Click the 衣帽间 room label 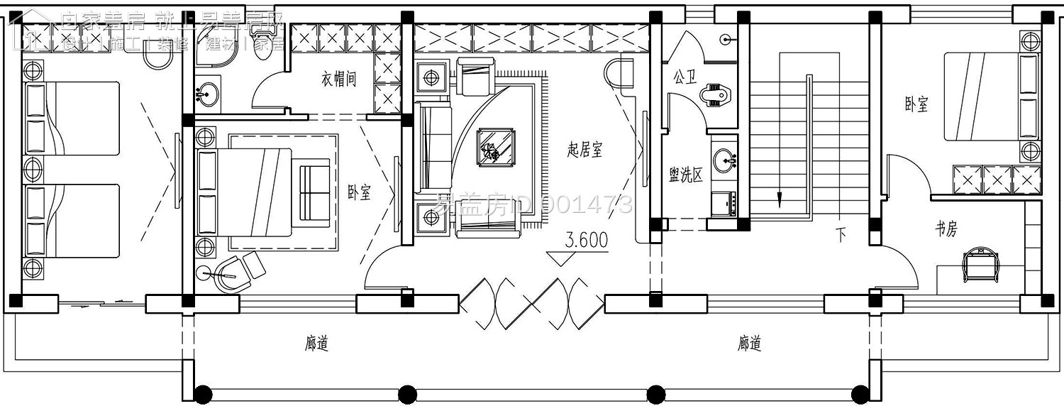338,79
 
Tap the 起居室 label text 584,149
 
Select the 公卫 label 685,77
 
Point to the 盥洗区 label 686,175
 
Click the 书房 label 946,229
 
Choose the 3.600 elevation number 587,240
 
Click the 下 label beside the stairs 841,235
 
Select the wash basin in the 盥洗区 724,159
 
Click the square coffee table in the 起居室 497,148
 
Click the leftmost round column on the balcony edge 203,393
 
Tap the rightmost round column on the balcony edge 860,393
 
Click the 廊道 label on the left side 316,344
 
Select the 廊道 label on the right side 749,344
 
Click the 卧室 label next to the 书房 916,105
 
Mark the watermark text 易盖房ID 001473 533,205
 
